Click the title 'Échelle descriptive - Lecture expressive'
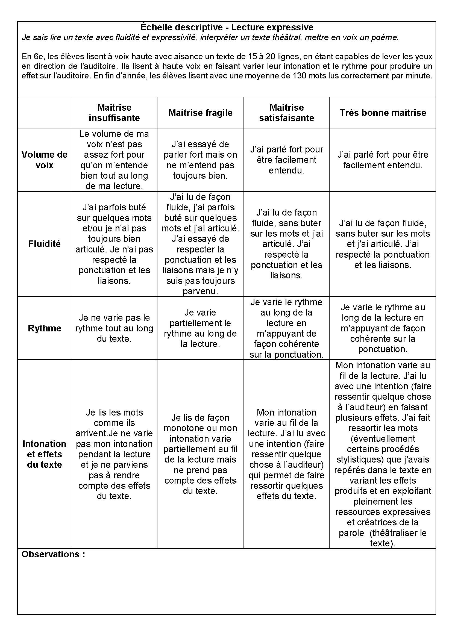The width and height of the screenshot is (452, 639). (227, 27)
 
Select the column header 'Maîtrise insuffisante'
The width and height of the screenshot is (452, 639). (114, 113)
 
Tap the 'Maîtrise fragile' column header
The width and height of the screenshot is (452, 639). (200, 113)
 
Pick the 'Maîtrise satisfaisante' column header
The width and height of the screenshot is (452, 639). (286, 113)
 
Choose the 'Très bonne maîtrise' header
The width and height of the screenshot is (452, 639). (383, 113)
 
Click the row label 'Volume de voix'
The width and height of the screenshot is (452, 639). (45, 160)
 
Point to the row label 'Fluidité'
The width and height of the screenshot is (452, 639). (45, 244)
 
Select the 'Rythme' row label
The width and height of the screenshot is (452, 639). (45, 328)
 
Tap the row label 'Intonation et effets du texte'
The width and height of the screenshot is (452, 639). (45, 454)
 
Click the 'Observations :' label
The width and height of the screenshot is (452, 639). (53, 554)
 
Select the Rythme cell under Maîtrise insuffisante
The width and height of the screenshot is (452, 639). (114, 328)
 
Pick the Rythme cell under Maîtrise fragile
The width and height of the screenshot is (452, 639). (200, 328)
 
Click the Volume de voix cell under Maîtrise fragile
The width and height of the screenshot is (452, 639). (200, 160)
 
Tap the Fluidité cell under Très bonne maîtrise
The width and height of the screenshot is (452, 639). (383, 244)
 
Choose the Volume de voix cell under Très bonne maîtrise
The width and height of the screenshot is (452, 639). (383, 160)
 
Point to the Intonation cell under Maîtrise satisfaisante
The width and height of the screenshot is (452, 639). (286, 454)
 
